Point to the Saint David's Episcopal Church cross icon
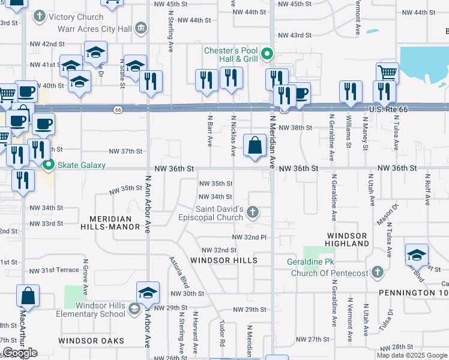click(x=253, y=212)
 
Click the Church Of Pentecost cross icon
click(x=377, y=273)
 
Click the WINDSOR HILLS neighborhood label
click(x=224, y=260)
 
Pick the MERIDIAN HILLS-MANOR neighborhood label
click(x=115, y=223)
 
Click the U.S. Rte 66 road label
click(x=391, y=109)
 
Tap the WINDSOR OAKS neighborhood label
click(x=91, y=341)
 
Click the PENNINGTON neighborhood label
click(x=409, y=293)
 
